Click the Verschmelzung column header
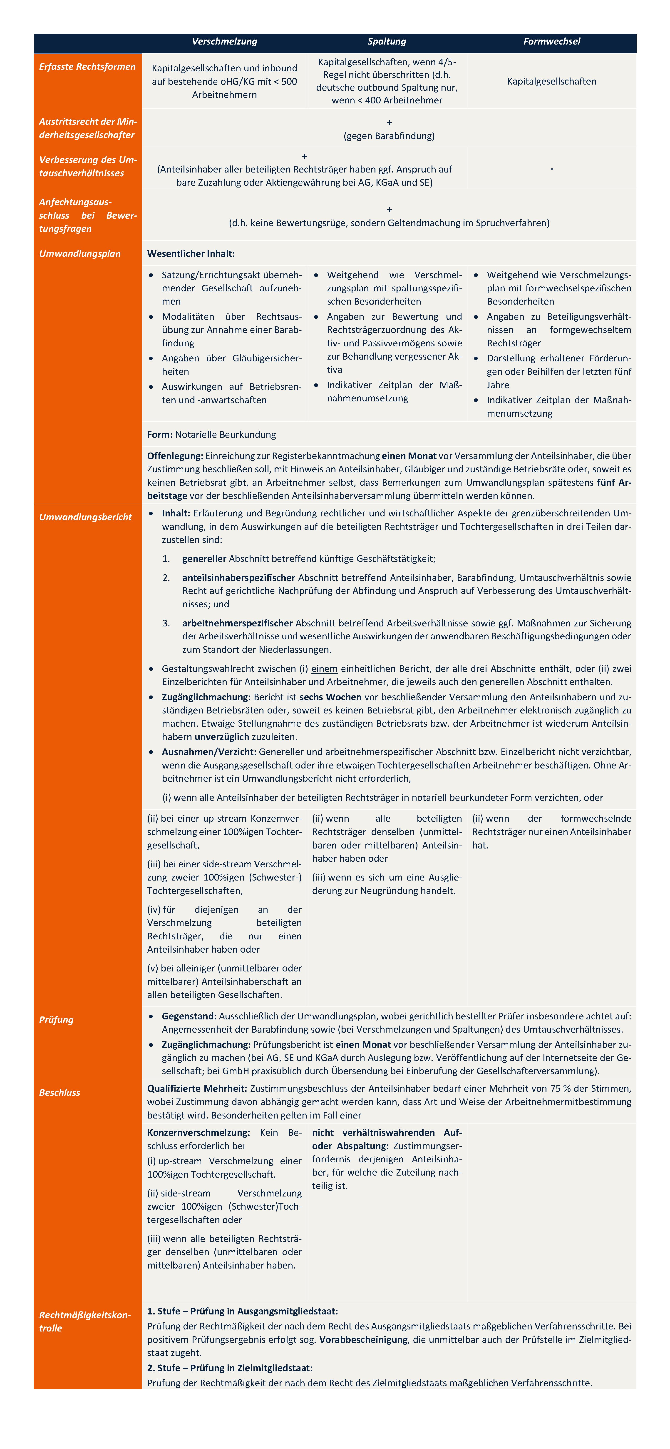coord(224,42)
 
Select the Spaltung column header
coord(387,42)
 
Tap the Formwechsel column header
coord(551,42)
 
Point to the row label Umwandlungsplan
coord(80,254)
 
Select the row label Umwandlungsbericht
coord(85,517)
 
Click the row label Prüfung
coord(56,1020)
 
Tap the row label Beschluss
coord(60,1092)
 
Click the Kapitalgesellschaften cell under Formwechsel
coord(551,82)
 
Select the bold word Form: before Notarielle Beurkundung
coord(160,435)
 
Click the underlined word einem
coord(324,669)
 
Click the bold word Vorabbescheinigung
coord(363,1340)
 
